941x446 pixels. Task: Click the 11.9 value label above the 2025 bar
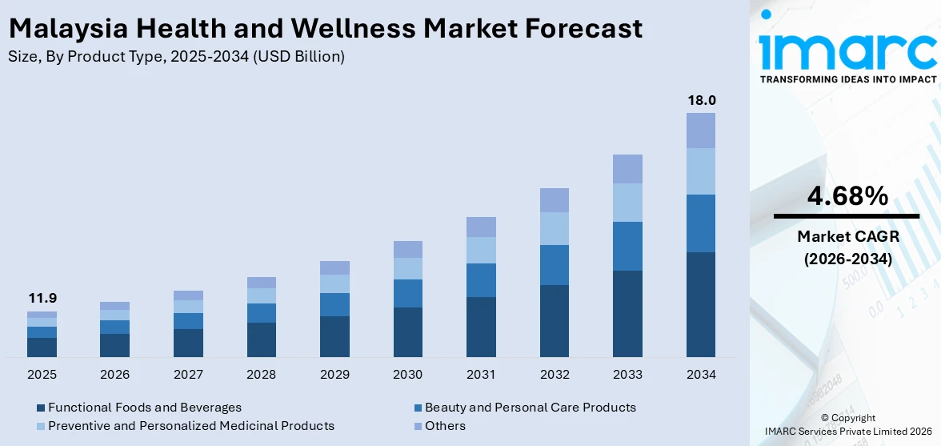coord(42,298)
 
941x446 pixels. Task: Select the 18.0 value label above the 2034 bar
coord(701,100)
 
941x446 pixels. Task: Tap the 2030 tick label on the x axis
coord(408,374)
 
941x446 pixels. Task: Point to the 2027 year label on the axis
coord(188,374)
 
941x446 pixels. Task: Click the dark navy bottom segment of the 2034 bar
coord(701,304)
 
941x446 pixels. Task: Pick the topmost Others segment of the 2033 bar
coord(627,169)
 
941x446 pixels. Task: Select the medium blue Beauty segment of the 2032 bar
coord(555,265)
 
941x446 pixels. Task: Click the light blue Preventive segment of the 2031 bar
coord(481,250)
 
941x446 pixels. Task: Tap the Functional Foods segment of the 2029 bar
coord(334,336)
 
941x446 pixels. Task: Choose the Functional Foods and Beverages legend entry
coord(144,408)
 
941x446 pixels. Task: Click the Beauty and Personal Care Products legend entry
coord(530,408)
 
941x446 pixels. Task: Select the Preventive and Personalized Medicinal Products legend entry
coord(190,426)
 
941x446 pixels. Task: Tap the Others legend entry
coord(445,426)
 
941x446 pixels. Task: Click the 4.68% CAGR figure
coord(847,195)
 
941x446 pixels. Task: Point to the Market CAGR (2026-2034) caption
coord(847,247)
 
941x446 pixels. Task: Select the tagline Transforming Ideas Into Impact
coord(847,79)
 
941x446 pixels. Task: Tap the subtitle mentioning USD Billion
coord(176,57)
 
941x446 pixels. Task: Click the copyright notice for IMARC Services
coord(847,425)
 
